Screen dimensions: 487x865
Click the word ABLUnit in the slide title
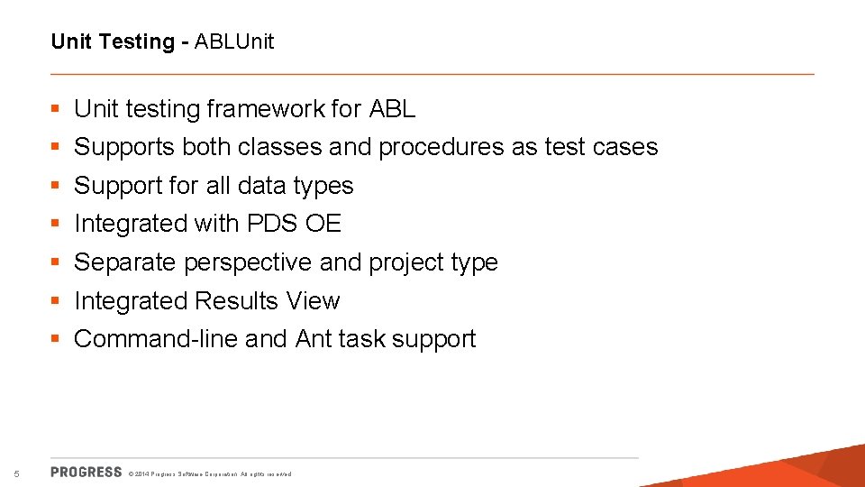[233, 41]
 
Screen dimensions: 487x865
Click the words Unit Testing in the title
[113, 41]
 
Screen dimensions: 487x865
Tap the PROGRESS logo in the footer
[86, 472]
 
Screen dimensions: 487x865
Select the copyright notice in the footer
[210, 473]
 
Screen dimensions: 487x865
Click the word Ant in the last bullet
[314, 339]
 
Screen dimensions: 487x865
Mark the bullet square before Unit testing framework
[56, 109]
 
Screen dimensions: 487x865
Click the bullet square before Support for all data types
[56, 186]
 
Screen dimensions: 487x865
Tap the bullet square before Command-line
[56, 339]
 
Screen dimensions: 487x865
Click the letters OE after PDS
[323, 224]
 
